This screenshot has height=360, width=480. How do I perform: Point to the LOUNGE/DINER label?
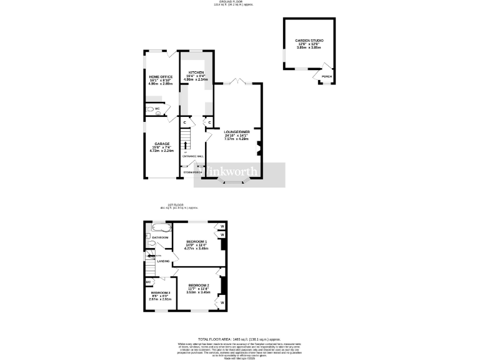point(236,131)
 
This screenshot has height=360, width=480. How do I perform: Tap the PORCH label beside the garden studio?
point(326,77)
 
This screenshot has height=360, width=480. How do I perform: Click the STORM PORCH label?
point(192,172)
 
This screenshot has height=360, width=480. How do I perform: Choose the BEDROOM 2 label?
point(198,286)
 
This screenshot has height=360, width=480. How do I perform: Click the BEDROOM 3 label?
point(160,293)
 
